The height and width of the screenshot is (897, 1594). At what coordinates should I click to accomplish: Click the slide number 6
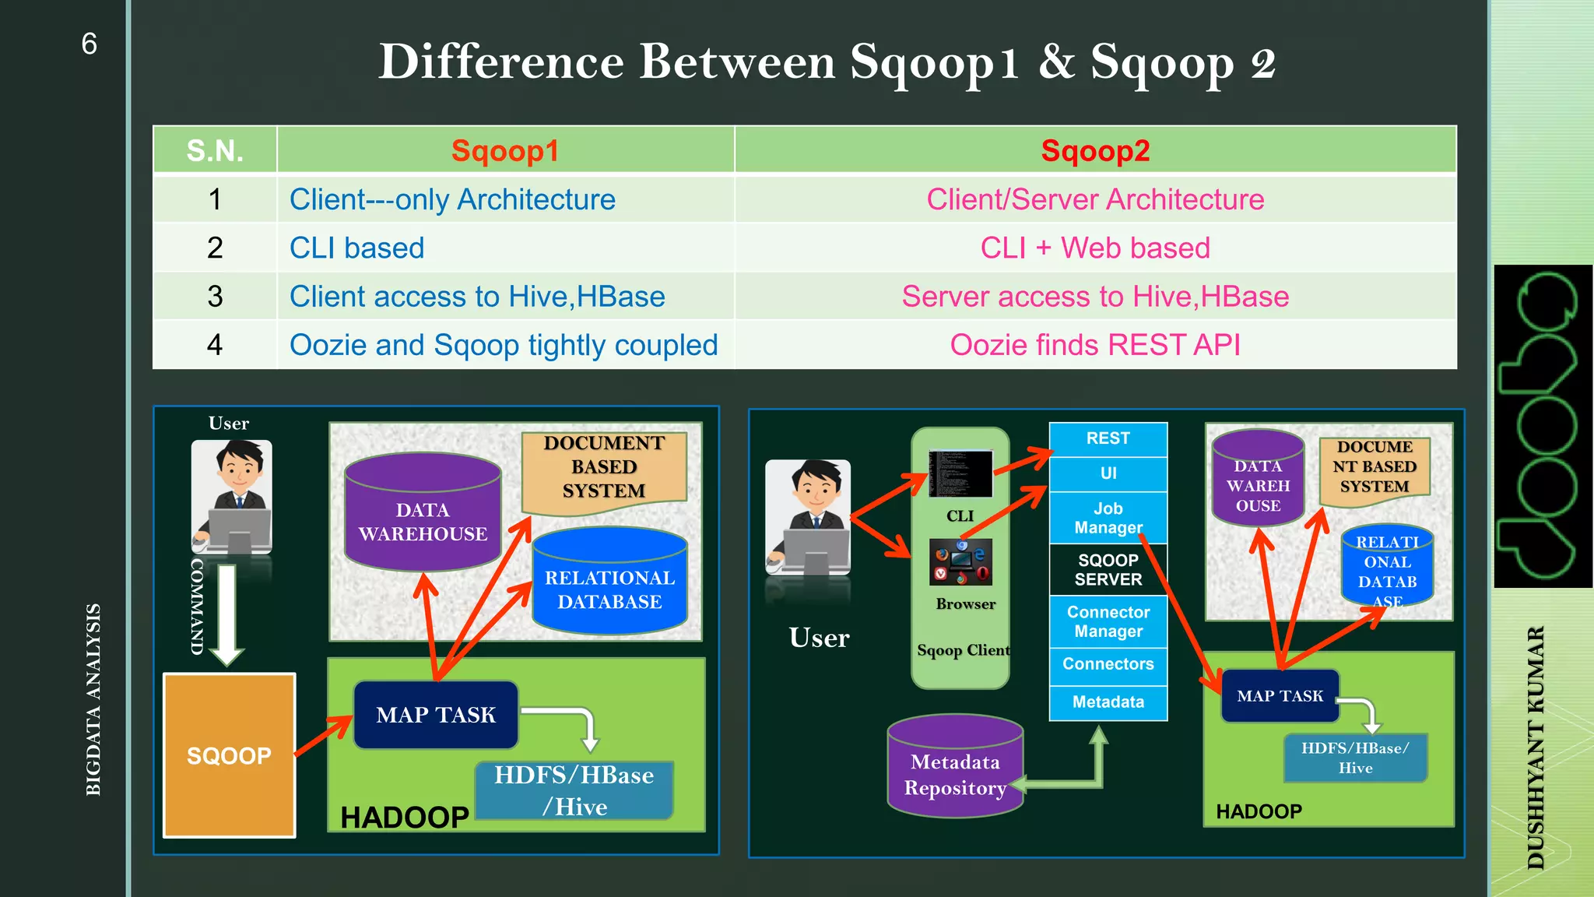point(89,44)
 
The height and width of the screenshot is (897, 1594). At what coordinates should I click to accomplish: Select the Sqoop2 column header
point(1095,150)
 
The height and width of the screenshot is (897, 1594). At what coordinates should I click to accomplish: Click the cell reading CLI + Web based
point(1095,248)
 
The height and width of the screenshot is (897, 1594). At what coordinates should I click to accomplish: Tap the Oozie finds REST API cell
point(1095,345)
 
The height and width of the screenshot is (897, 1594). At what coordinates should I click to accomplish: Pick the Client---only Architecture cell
point(452,199)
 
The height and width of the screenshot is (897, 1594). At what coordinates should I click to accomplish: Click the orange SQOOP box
point(229,755)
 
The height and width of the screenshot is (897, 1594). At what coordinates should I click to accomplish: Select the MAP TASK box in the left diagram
point(436,715)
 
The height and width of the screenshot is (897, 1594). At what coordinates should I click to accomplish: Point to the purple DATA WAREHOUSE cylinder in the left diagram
point(423,518)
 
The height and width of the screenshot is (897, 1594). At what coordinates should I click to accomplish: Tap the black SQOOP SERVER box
point(1108,569)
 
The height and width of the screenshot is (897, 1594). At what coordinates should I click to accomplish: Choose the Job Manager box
point(1108,518)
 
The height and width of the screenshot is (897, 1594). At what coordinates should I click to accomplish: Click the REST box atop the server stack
point(1108,438)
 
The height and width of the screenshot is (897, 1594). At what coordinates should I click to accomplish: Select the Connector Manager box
point(1108,621)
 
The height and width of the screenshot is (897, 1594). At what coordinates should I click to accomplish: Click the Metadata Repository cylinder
point(955,771)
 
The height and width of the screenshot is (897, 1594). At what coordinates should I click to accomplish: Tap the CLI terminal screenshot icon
point(960,473)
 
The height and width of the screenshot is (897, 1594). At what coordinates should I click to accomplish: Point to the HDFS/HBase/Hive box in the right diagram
point(1355,758)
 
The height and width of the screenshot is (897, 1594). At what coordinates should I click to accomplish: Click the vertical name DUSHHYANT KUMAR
point(1535,747)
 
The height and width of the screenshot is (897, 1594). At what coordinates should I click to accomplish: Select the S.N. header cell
point(215,150)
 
